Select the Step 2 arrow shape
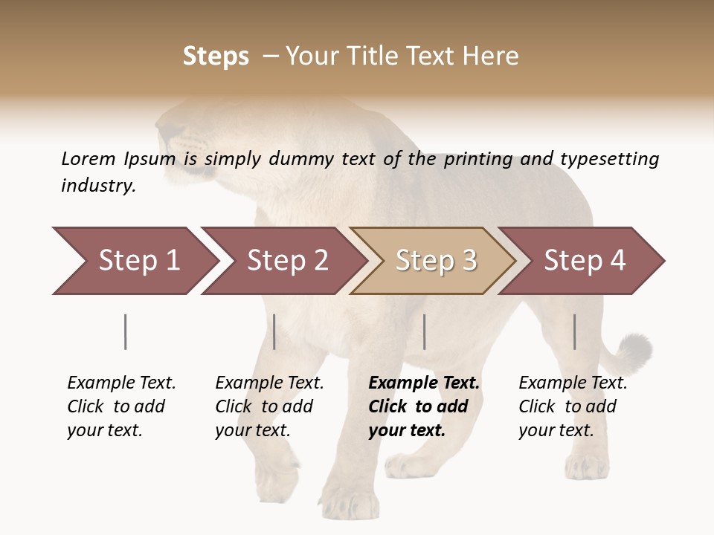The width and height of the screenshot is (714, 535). (286, 261)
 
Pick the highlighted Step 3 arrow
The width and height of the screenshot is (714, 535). (435, 261)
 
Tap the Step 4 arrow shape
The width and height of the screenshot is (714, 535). (584, 261)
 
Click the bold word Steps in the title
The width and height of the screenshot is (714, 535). (216, 56)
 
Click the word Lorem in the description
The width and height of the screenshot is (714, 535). (88, 158)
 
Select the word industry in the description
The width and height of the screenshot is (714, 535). (98, 185)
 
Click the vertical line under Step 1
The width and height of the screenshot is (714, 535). (125, 331)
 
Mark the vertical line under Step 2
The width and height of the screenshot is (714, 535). (274, 331)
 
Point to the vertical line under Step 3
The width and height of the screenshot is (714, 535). (424, 331)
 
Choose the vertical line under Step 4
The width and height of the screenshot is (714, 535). (574, 331)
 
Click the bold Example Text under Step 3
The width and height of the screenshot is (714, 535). (424, 383)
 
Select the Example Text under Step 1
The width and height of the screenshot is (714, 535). (121, 383)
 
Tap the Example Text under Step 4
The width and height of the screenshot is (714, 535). (573, 383)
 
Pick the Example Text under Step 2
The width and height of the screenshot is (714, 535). (269, 383)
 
